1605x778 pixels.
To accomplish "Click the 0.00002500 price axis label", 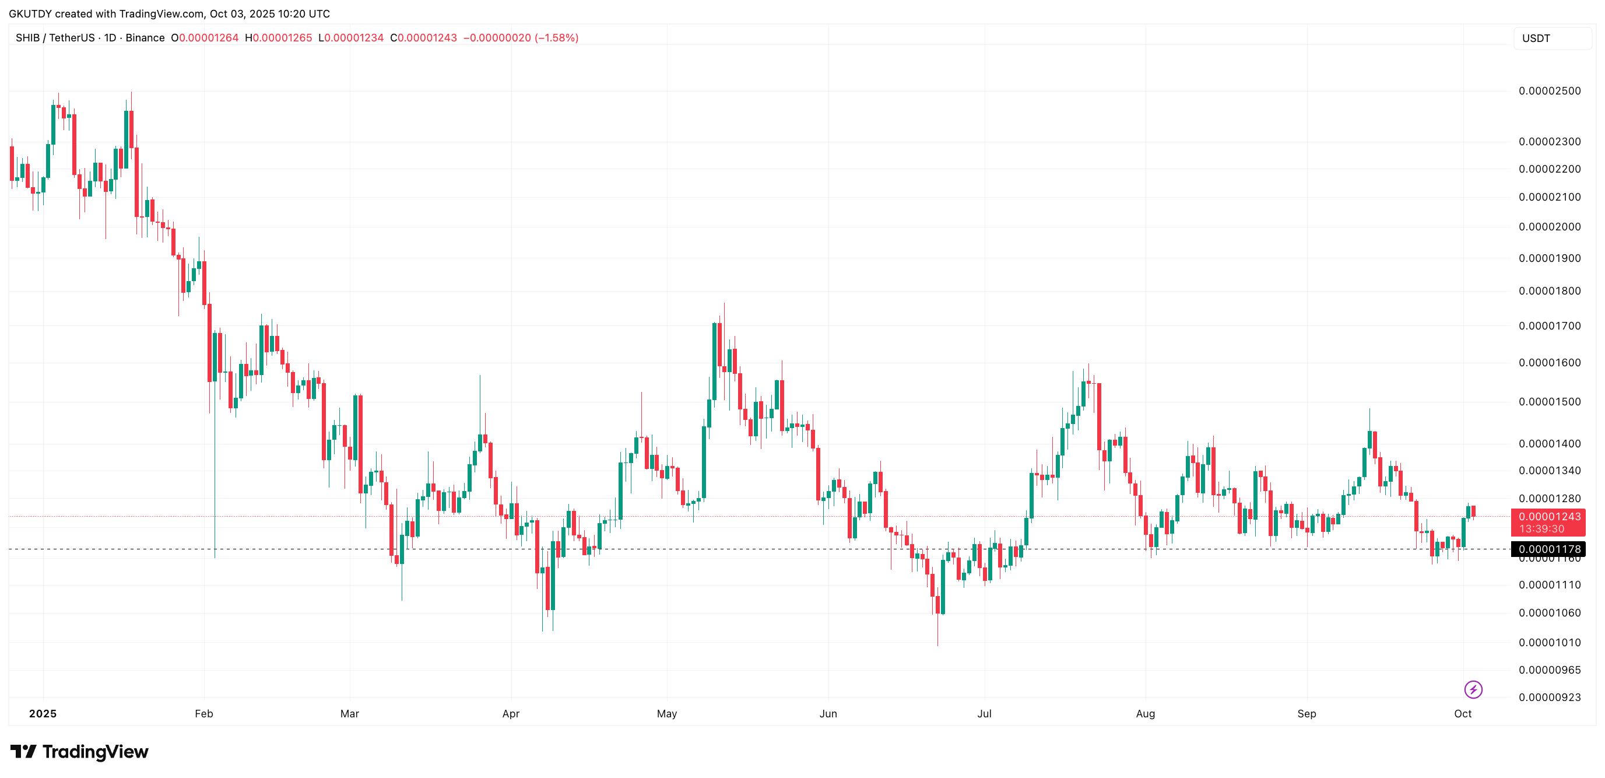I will [x=1549, y=91].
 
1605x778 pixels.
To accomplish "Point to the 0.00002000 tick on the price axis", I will [x=1549, y=227].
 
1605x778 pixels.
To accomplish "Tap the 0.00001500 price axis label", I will [x=1549, y=402].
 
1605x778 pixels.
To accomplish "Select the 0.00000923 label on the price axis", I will [x=1549, y=698].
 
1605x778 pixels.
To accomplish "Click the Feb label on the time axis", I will [x=203, y=714].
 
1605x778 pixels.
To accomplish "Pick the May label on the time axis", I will [x=667, y=714].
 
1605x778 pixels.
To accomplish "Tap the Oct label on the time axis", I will [x=1462, y=714].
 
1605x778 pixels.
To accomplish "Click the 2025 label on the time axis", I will [x=43, y=714].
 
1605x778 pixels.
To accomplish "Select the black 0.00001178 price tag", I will [x=1549, y=549].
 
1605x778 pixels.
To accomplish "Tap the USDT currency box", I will [x=1551, y=38].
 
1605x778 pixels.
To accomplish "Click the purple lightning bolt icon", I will [x=1473, y=689].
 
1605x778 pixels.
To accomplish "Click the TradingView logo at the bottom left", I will [x=79, y=752].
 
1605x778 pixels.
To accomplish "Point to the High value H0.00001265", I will [x=279, y=38].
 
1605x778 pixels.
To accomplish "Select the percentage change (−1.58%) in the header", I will [x=556, y=38].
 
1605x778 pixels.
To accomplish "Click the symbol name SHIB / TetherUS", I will [x=55, y=38].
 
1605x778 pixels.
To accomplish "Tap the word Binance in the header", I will [x=145, y=38].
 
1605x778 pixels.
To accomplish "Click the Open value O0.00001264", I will [x=205, y=38].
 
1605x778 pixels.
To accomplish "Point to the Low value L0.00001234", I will [x=351, y=38].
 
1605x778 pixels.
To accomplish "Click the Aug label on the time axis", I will [x=1145, y=714].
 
